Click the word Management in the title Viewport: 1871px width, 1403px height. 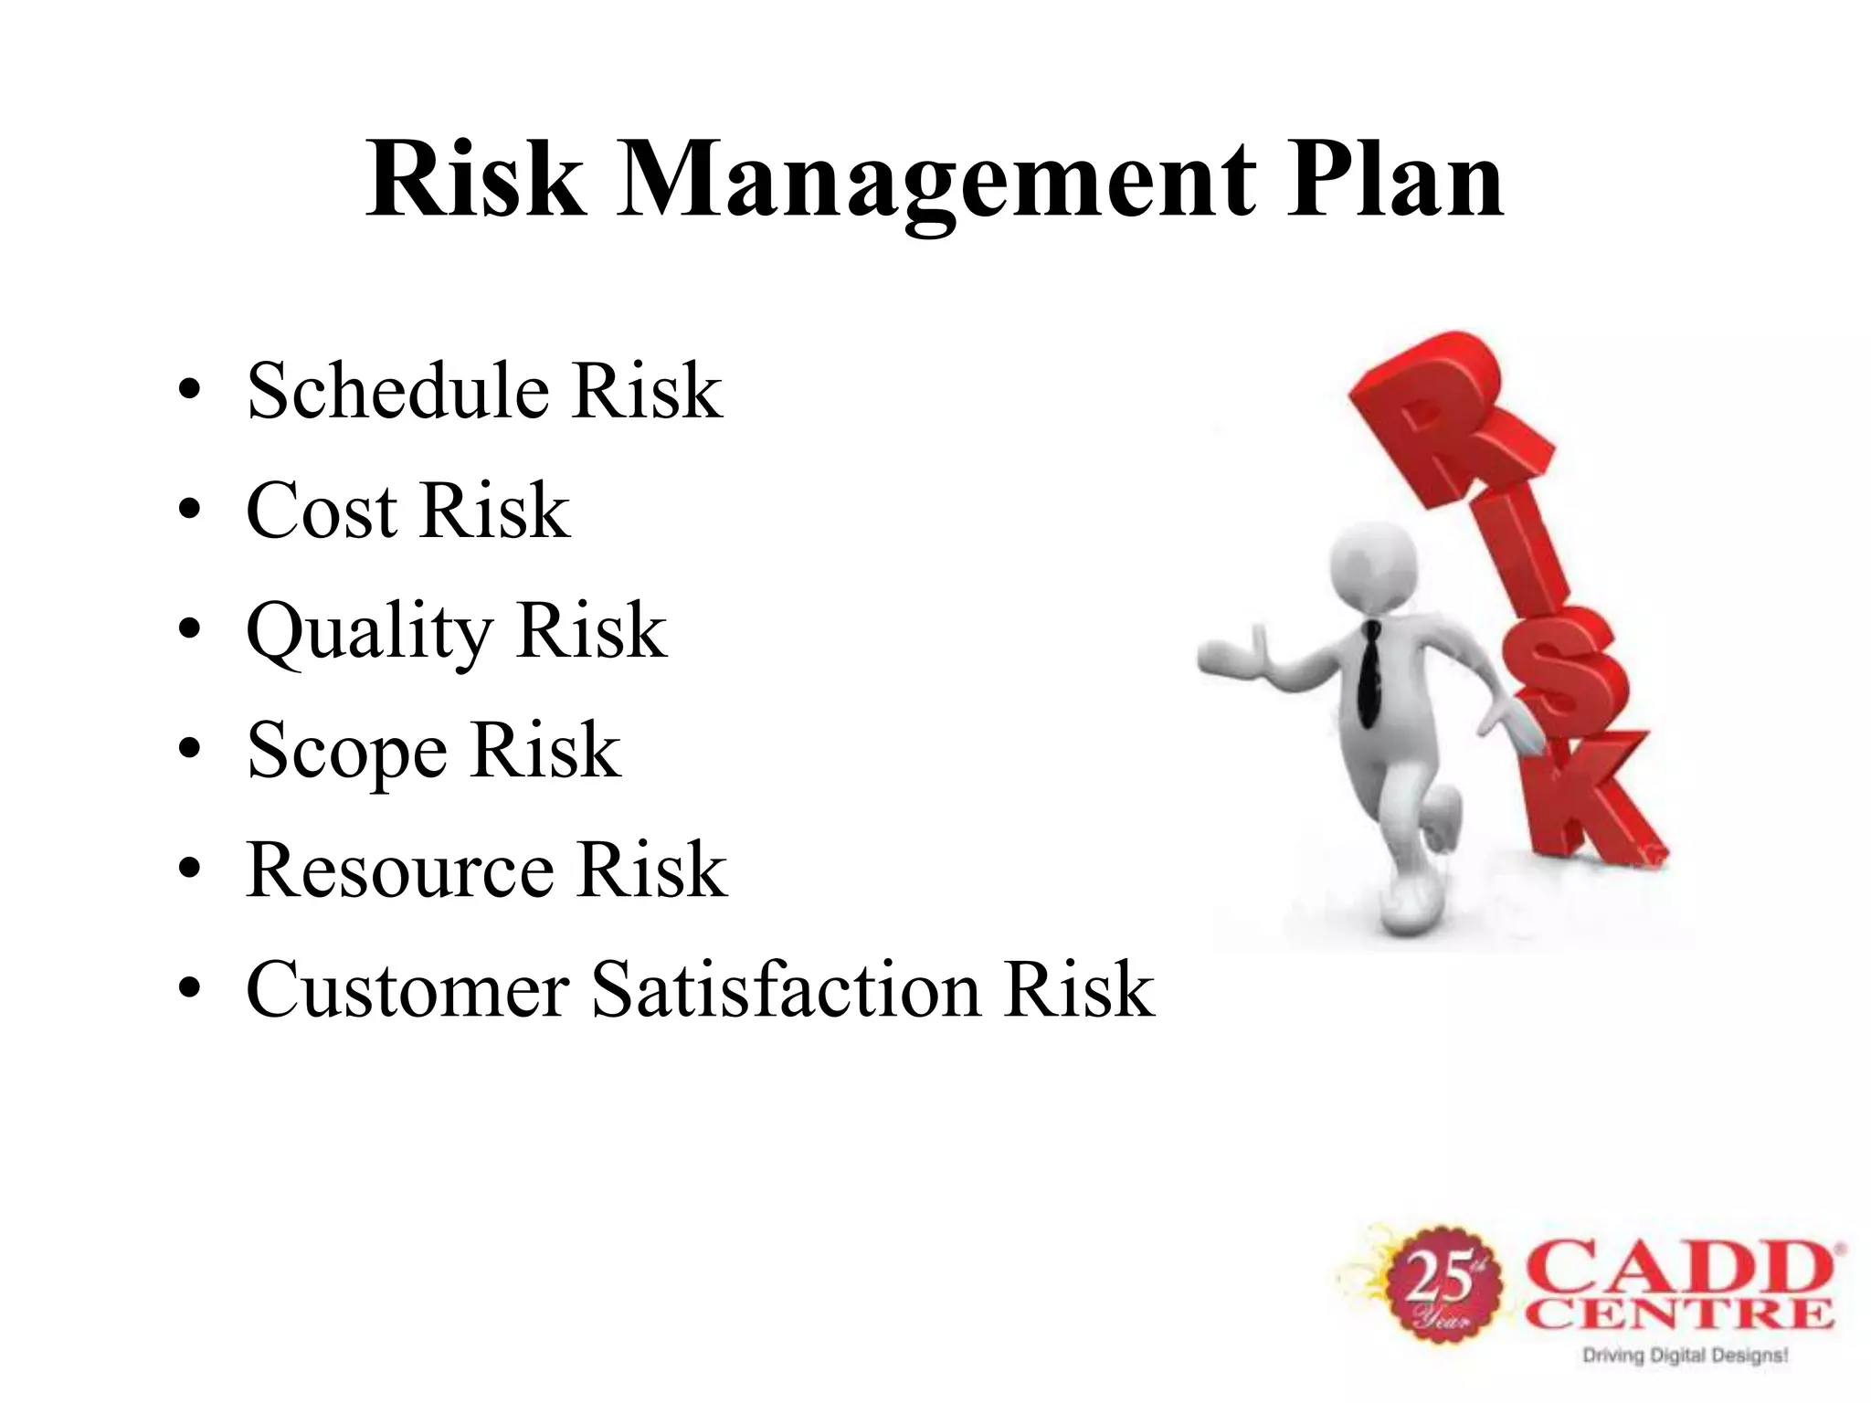tap(935, 183)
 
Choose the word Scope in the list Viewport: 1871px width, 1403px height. tap(347, 751)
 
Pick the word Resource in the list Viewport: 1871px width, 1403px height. tap(399, 870)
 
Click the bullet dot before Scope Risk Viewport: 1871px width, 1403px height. tap(189, 751)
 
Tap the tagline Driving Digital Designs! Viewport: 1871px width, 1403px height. tap(1685, 1356)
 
